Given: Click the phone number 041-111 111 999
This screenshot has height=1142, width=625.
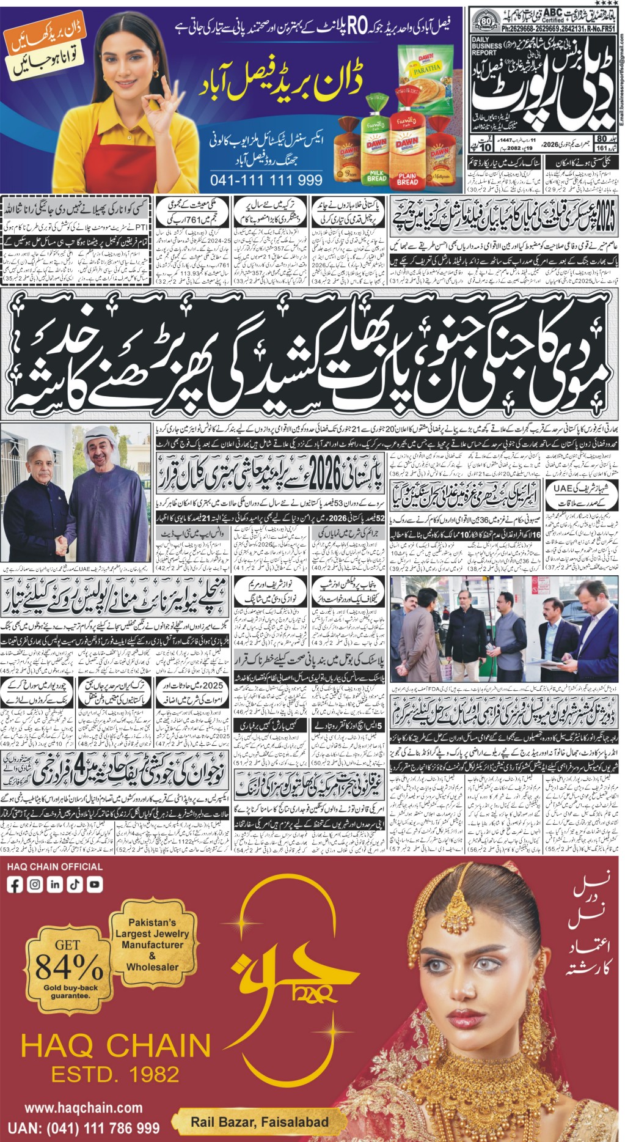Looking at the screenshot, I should [x=266, y=180].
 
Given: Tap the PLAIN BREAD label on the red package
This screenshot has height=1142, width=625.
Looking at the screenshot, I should [x=407, y=179].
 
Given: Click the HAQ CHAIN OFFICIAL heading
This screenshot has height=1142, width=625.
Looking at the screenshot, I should [x=55, y=866].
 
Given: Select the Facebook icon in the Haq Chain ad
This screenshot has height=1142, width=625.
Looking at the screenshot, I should [x=15, y=884].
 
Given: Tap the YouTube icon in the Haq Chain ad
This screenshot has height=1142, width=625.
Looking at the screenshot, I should [x=94, y=884].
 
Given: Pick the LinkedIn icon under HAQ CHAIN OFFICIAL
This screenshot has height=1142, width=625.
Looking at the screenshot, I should [x=55, y=884].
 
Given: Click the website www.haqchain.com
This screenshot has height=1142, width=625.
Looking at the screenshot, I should [x=83, y=1108].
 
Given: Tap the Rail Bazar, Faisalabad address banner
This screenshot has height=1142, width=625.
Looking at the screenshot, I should [x=259, y=1122].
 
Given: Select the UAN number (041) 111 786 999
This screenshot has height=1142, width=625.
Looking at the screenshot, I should [x=84, y=1129].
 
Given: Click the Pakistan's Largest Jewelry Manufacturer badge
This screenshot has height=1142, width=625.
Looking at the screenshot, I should [x=152, y=945].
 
